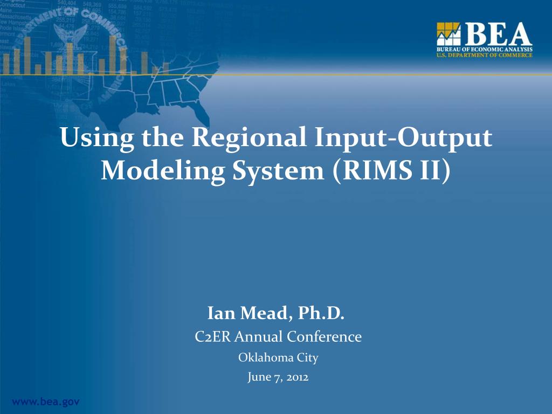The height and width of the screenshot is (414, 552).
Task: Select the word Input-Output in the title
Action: click(403, 138)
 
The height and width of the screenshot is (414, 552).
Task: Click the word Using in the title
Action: click(97, 138)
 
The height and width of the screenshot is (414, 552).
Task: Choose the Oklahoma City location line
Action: click(278, 357)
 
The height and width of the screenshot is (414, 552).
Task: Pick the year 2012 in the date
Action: click(297, 377)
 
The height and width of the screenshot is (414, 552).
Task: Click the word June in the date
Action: click(259, 377)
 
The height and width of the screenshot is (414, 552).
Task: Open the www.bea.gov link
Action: click(46, 402)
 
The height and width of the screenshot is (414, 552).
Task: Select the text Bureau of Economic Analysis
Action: click(484, 50)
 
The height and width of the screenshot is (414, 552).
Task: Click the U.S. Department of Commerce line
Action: click(484, 55)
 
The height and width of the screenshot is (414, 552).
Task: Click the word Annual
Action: click(263, 337)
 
